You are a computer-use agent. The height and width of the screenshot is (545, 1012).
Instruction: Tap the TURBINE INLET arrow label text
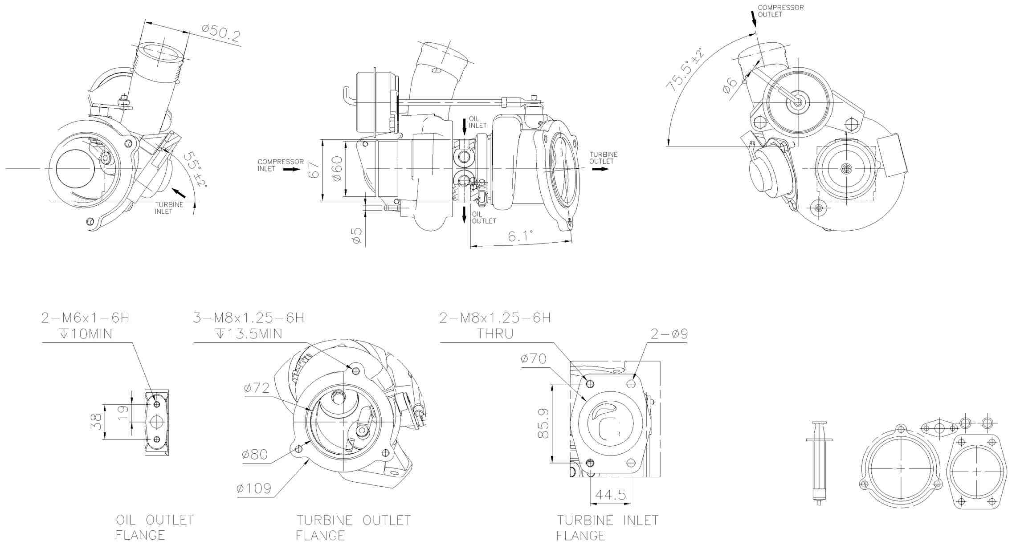coord(169,208)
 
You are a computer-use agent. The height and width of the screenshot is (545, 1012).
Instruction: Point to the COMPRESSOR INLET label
coord(281,165)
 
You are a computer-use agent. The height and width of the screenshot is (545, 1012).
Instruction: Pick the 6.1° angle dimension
coord(520,236)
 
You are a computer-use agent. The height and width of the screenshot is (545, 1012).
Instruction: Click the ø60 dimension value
coord(337,168)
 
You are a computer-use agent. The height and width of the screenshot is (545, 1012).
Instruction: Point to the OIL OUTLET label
coord(483,217)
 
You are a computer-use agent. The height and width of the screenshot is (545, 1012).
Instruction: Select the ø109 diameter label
coord(253,488)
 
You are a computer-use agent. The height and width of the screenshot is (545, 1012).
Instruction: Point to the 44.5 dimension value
coord(610,495)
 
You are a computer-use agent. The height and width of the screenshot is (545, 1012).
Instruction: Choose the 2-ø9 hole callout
coord(669,334)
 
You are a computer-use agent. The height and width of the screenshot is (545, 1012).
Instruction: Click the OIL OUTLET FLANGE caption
coord(155,527)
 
